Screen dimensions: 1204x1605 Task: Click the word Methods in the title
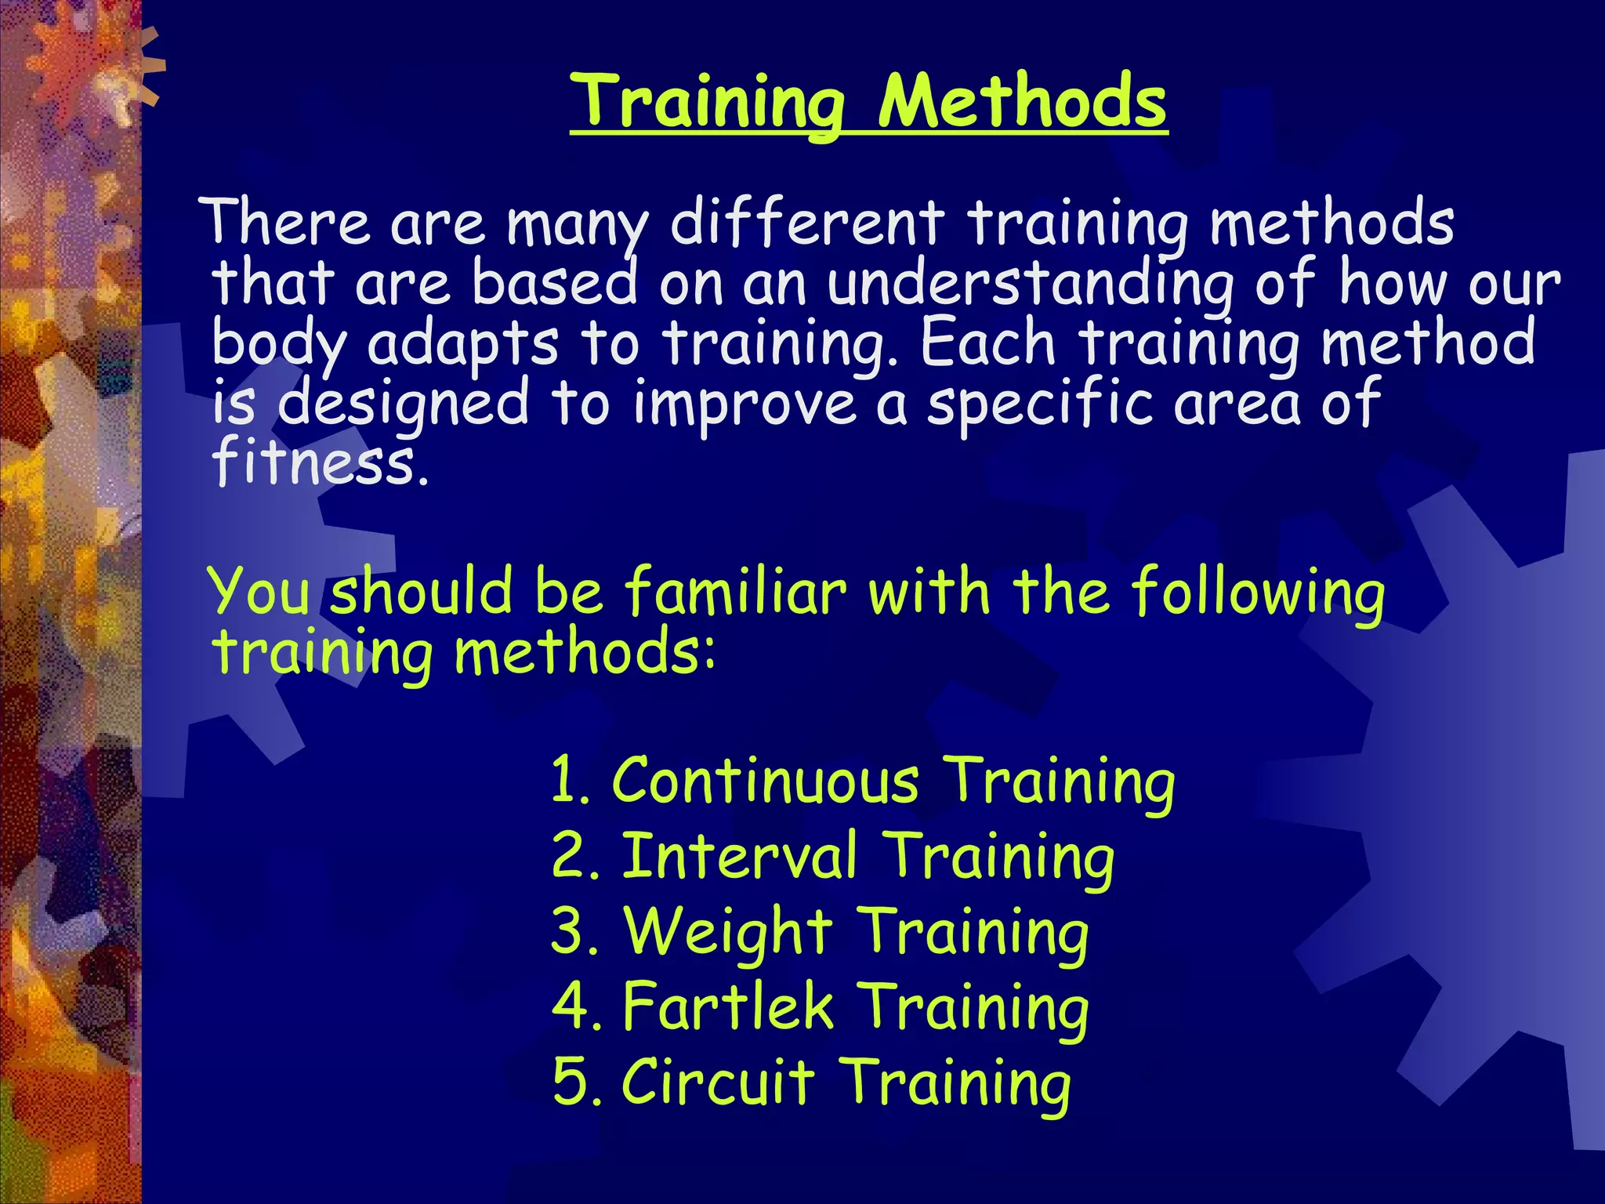(1022, 102)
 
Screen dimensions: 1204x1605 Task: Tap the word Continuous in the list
(766, 781)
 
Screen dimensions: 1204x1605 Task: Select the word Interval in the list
(739, 856)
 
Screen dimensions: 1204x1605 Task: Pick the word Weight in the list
(727, 932)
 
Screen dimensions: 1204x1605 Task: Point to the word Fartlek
(727, 1006)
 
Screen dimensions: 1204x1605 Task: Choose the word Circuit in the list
(718, 1082)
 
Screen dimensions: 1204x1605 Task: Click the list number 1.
(566, 781)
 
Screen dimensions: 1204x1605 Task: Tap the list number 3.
(573, 932)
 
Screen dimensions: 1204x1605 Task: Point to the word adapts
(462, 343)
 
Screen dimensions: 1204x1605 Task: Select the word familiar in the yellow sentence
(735, 591)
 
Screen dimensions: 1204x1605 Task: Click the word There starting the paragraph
(287, 223)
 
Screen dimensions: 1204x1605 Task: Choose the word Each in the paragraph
(988, 343)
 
